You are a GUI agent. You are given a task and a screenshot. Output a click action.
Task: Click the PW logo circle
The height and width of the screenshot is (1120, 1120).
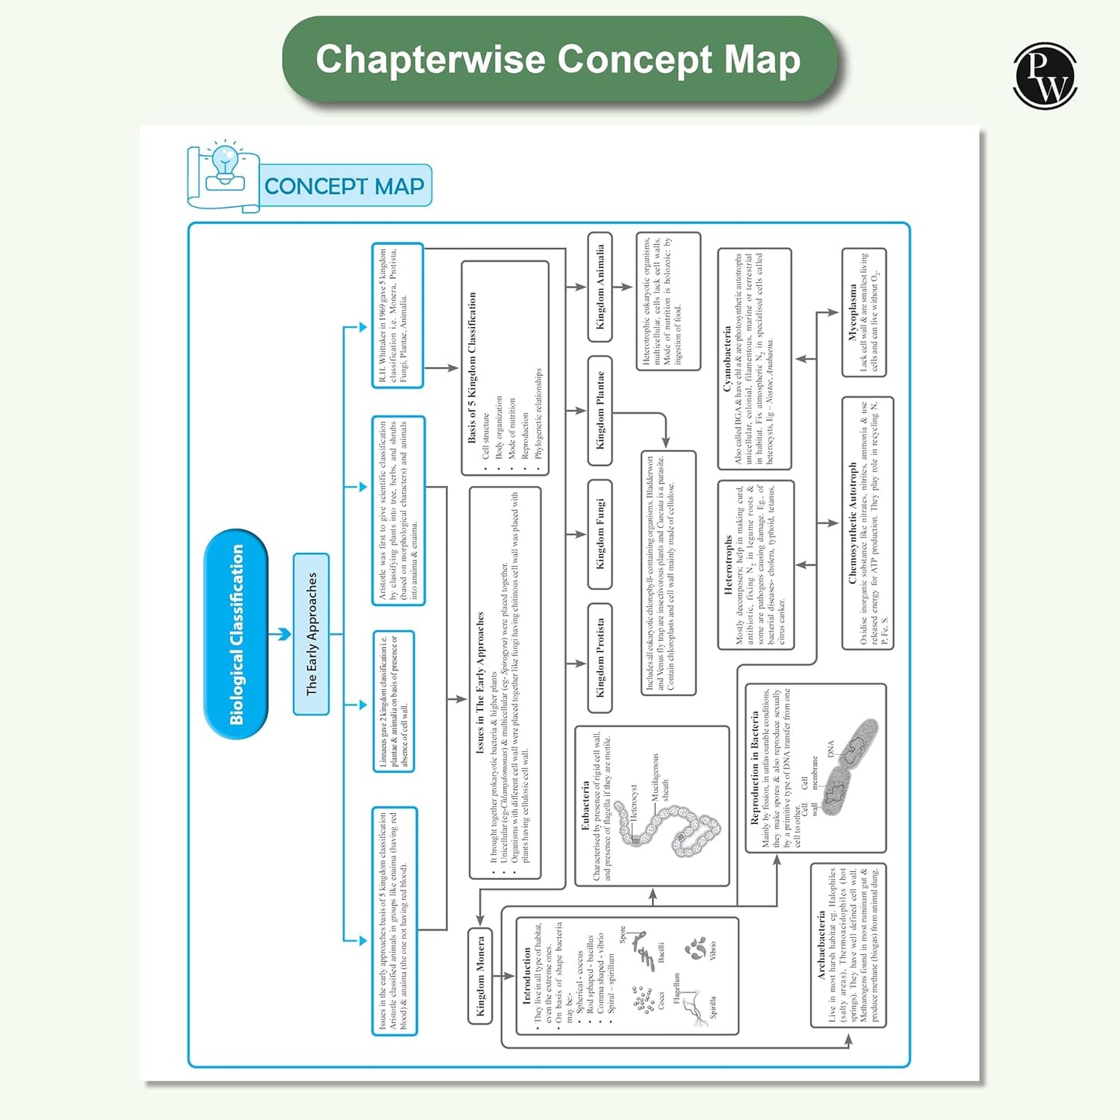tap(1045, 75)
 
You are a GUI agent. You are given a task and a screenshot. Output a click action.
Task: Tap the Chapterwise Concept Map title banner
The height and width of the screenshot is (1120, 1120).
tap(558, 60)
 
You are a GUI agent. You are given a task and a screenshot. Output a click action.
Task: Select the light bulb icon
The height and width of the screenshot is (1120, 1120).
tap(225, 163)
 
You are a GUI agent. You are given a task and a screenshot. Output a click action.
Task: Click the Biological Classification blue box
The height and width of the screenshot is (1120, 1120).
tap(236, 634)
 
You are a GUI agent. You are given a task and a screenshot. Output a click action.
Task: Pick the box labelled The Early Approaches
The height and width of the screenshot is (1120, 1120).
tap(312, 634)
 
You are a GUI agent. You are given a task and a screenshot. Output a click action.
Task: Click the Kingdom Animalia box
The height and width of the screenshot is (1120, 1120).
tap(600, 287)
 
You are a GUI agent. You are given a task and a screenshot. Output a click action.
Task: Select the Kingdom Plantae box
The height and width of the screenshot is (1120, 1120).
tap(600, 410)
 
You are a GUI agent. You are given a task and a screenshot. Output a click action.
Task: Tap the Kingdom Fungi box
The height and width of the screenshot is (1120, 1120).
tap(600, 534)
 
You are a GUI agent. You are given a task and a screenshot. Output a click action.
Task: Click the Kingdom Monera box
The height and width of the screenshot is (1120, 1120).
tap(481, 976)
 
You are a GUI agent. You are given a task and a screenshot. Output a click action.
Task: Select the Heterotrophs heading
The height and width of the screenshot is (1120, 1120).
tap(728, 565)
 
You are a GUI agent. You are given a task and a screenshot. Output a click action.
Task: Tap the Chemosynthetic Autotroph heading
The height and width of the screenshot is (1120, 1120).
tap(853, 523)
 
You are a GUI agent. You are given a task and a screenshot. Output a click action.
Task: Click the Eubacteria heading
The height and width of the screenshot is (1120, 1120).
tap(585, 806)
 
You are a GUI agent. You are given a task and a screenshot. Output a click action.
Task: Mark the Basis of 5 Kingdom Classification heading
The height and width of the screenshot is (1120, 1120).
tap(472, 367)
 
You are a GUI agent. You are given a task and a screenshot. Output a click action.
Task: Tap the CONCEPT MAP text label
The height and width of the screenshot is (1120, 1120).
tap(344, 186)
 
